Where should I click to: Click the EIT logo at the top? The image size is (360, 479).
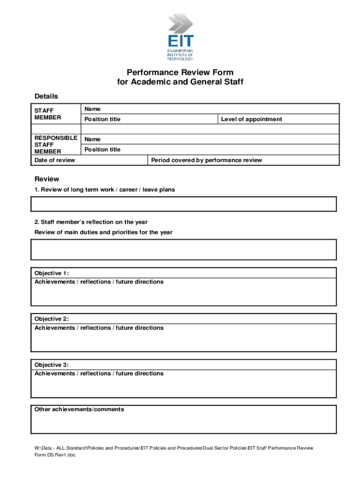tap(180, 37)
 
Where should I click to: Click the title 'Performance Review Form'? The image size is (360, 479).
tap(180, 73)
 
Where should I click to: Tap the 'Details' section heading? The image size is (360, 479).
tap(46, 96)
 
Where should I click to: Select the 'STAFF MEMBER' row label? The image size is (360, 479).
tap(48, 114)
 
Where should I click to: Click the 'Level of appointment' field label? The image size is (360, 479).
tap(252, 119)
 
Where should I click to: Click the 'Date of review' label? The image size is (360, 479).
tap(55, 160)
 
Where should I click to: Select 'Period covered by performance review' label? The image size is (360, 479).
tap(206, 160)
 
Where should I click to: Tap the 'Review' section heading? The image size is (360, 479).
tap(47, 179)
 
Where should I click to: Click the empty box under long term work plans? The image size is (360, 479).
tap(183, 204)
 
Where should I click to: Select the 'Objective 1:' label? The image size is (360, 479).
tap(51, 273)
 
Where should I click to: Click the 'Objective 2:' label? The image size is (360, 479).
tap(51, 319)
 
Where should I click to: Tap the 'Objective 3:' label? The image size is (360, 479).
tap(51, 365)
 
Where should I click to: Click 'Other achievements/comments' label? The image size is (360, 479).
tap(79, 409)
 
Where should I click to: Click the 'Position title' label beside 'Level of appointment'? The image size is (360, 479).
tap(102, 119)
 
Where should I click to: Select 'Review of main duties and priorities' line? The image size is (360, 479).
tap(103, 232)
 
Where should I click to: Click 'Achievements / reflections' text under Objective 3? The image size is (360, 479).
tap(99, 373)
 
